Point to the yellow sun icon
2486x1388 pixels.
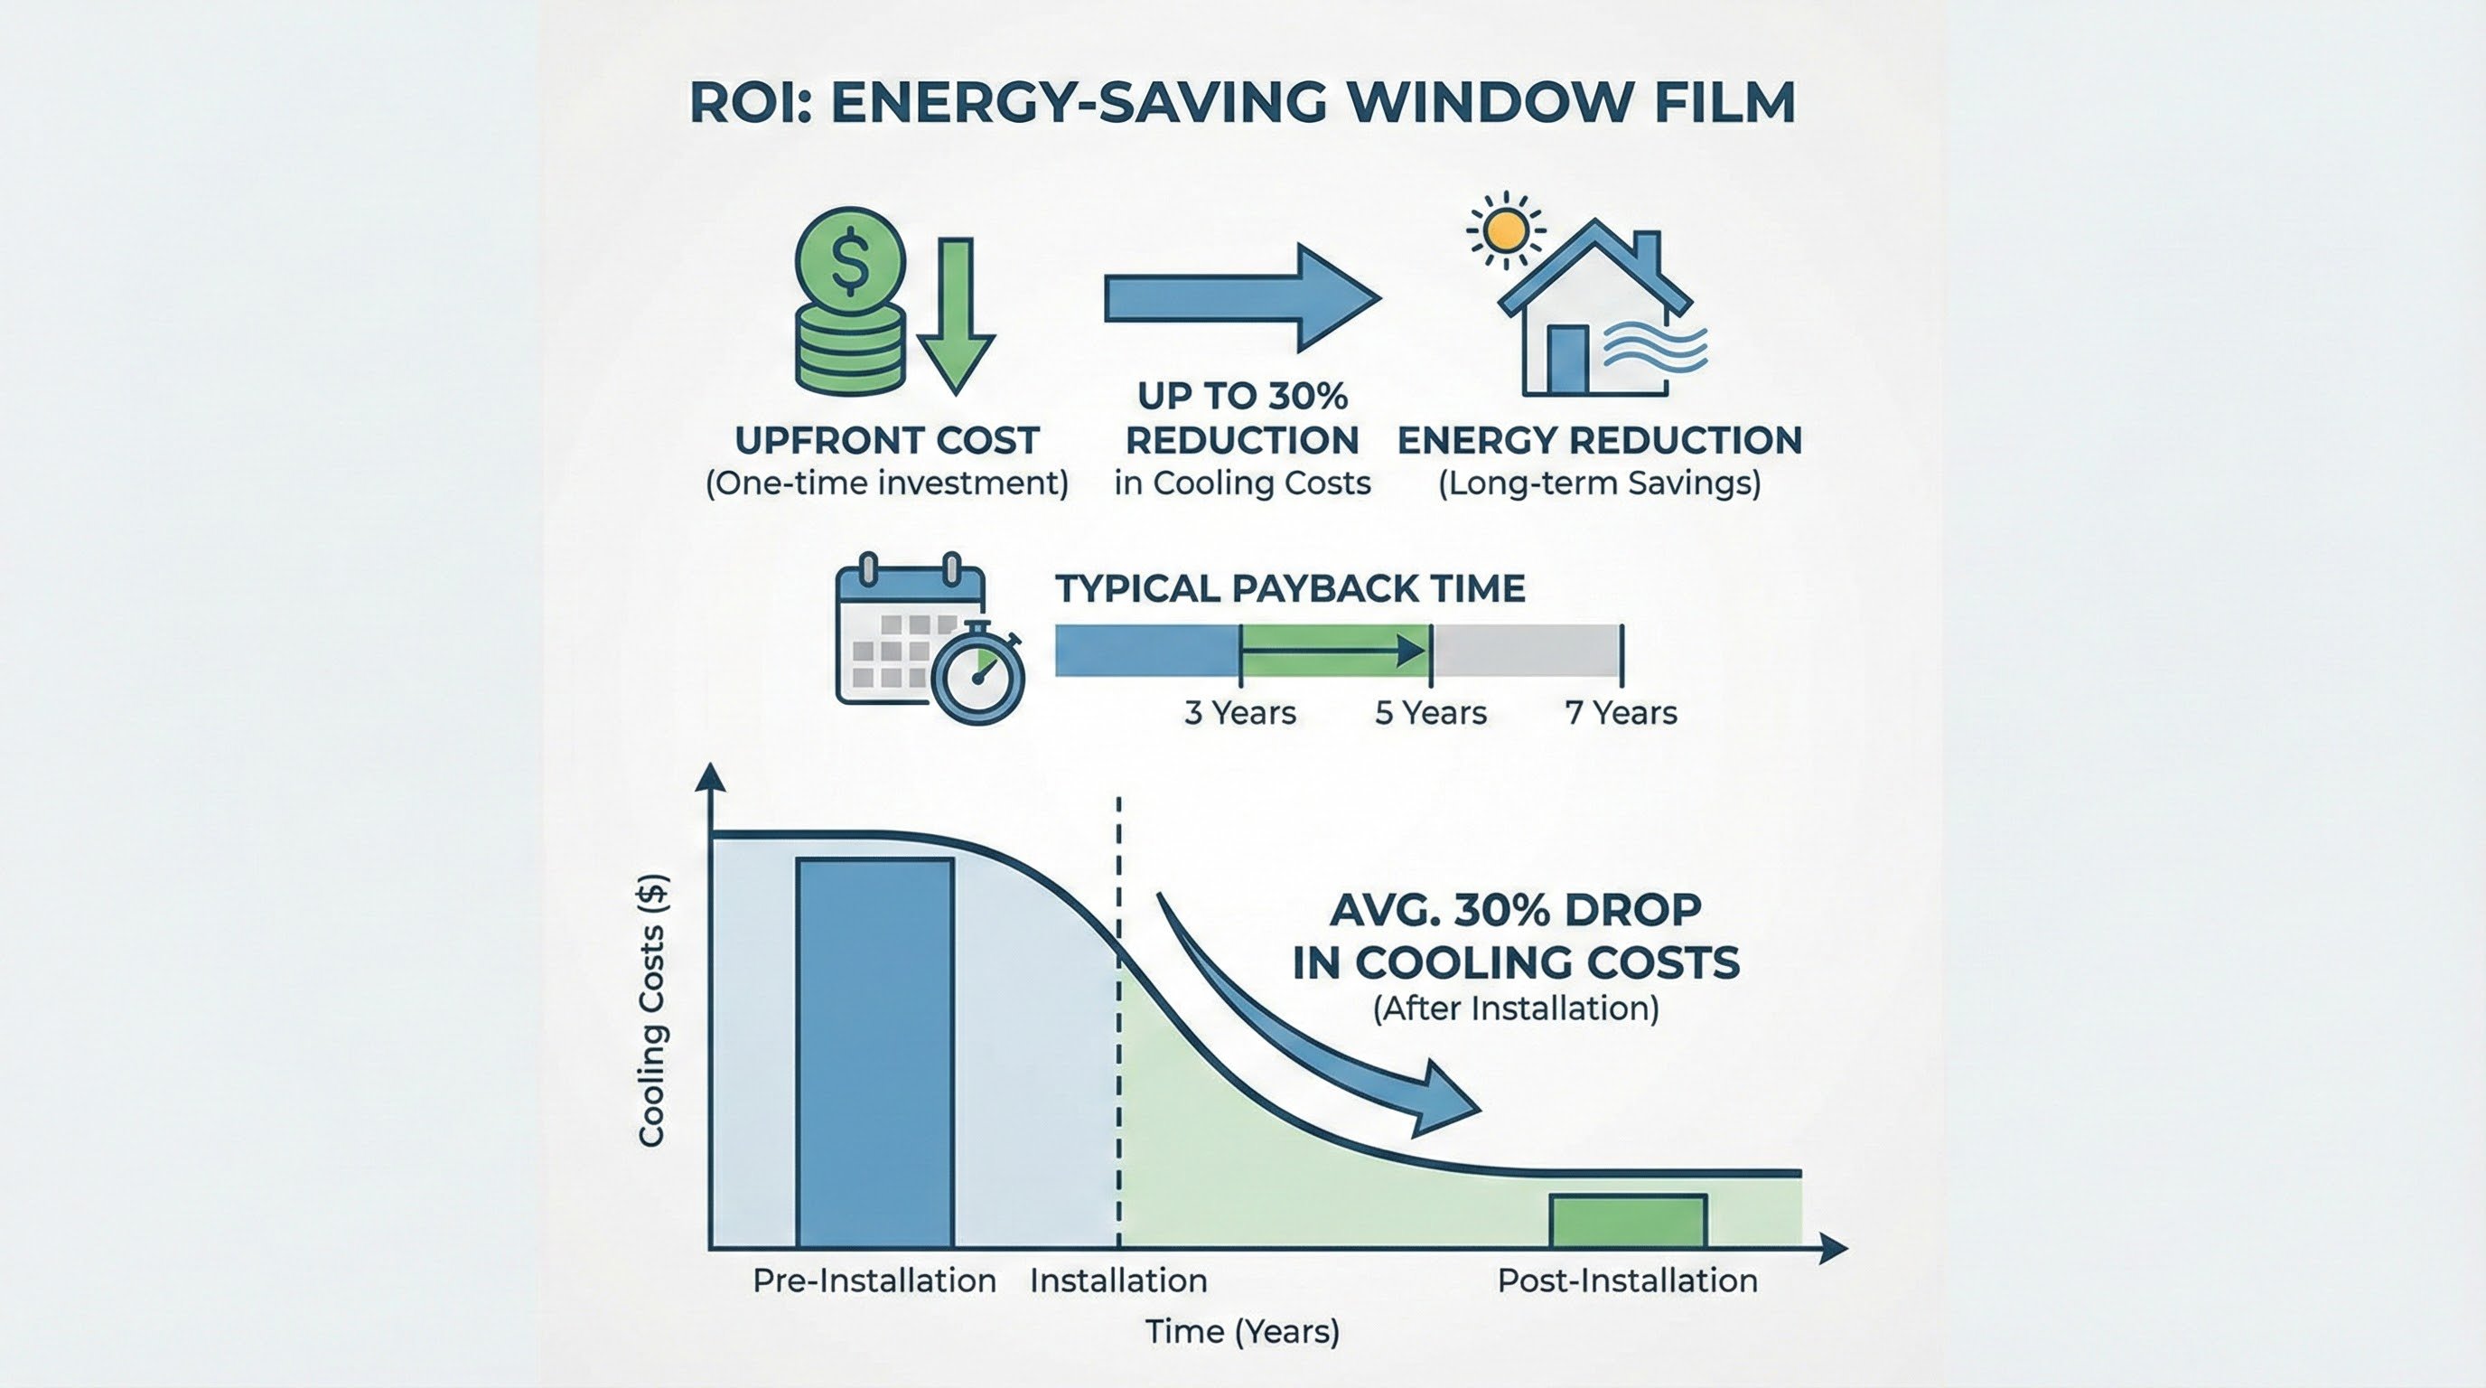pyautogui.click(x=1506, y=230)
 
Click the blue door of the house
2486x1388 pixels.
pyautogui.click(x=1567, y=360)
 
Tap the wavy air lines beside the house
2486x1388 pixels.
pyautogui.click(x=1654, y=350)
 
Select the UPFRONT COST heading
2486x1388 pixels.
pyautogui.click(x=886, y=441)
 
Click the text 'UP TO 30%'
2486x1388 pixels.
pyautogui.click(x=1242, y=396)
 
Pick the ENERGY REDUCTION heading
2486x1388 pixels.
pyautogui.click(x=1599, y=441)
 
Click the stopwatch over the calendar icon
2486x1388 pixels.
pyautogui.click(x=978, y=674)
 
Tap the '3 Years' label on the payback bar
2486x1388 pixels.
pyautogui.click(x=1239, y=713)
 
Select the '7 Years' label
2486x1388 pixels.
pyautogui.click(x=1621, y=713)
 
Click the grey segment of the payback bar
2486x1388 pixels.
pyautogui.click(x=1525, y=651)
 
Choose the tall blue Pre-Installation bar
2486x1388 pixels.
pyautogui.click(x=874, y=1052)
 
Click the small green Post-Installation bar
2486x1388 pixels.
pyautogui.click(x=1627, y=1221)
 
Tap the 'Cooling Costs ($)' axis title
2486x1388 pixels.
pyautogui.click(x=653, y=1009)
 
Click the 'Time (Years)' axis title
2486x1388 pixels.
pyautogui.click(x=1242, y=1332)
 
